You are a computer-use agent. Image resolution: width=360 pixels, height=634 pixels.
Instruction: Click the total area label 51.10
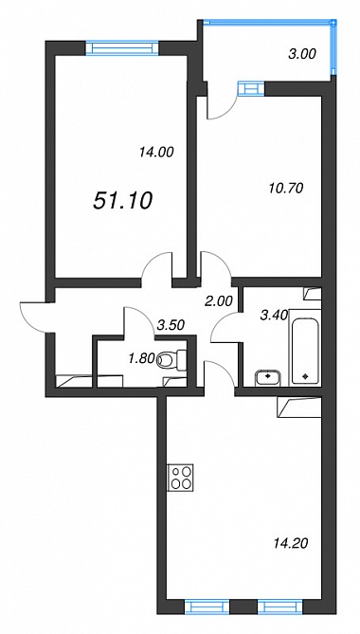122,201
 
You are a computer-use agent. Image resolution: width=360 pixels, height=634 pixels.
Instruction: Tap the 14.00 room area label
156,152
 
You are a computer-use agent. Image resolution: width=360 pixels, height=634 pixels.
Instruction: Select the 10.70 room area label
286,188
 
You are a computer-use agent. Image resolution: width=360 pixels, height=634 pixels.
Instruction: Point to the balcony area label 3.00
302,54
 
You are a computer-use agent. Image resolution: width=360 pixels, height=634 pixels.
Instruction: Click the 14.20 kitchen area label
291,543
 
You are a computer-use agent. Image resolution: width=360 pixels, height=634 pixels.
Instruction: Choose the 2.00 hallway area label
219,300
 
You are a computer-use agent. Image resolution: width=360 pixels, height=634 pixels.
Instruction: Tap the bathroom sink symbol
268,376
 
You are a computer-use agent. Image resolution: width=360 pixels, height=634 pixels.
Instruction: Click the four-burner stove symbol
181,477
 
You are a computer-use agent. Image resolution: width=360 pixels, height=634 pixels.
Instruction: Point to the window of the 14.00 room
122,48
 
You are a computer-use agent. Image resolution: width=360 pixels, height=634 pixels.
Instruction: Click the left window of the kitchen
207,607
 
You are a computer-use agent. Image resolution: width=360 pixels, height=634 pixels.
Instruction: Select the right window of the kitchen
279,607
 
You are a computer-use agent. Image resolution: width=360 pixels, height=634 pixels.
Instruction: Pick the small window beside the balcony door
251,88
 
